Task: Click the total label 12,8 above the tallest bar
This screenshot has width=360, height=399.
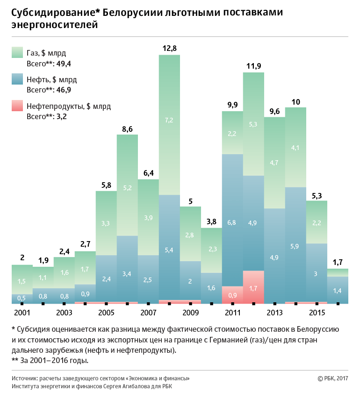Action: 169,48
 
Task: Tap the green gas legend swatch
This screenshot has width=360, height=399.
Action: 17,52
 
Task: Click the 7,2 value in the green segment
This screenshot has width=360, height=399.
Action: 169,120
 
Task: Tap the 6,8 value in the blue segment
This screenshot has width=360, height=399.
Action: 232,222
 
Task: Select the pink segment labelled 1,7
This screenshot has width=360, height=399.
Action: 253,288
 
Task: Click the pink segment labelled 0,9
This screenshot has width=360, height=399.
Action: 232,295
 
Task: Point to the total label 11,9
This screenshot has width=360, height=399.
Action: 253,66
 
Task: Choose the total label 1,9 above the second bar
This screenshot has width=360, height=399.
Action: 43,260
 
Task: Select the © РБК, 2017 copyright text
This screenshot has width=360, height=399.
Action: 332,378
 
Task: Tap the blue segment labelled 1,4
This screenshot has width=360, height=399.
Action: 338,291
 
